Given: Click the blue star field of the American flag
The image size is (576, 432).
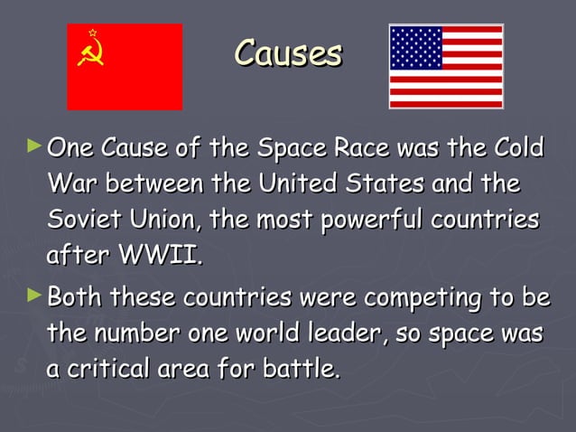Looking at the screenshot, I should click(x=416, y=48).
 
